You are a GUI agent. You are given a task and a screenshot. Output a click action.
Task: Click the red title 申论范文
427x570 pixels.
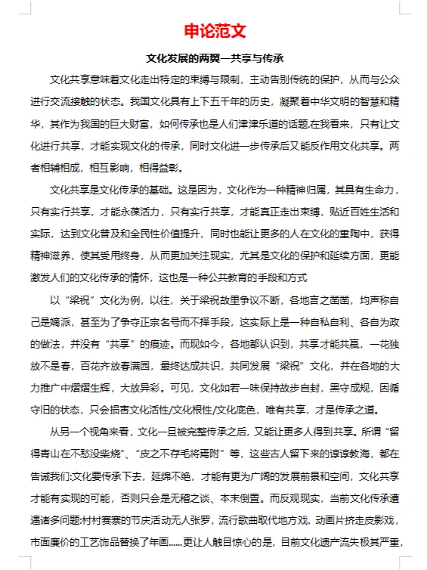click(x=213, y=32)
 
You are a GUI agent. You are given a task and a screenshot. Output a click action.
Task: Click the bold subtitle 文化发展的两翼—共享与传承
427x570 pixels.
click(x=213, y=58)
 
